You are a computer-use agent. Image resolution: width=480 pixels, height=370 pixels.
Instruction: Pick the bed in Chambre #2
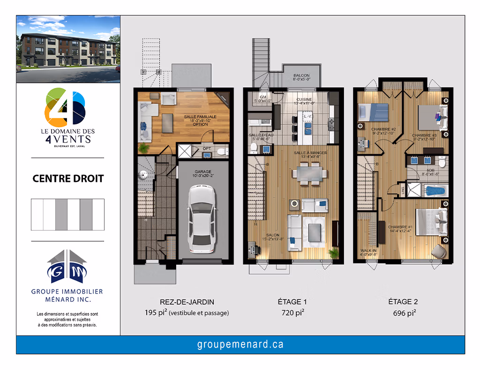(x=374, y=113)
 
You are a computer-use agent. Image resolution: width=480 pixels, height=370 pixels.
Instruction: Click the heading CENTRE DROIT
(x=68, y=179)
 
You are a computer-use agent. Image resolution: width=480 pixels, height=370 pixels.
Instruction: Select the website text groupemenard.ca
(x=240, y=345)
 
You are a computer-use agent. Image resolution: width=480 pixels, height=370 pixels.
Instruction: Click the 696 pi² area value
(x=404, y=313)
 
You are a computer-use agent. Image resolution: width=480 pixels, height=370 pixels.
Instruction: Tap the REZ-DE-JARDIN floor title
(x=187, y=302)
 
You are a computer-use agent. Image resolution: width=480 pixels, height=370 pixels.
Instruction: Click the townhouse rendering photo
(x=68, y=49)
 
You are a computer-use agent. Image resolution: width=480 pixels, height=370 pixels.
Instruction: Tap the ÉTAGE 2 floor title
(x=404, y=302)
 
